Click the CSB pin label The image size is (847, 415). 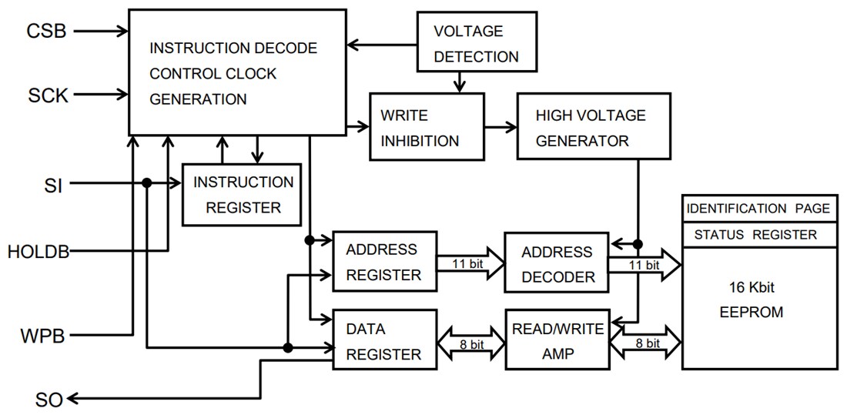[x=46, y=32]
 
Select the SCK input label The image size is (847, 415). [x=48, y=95]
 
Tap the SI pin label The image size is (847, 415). [x=53, y=185]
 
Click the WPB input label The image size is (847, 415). [x=42, y=336]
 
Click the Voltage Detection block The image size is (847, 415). [x=475, y=44]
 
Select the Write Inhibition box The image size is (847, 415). [x=427, y=127]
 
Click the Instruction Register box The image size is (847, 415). [x=242, y=194]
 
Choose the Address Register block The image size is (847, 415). [x=383, y=262]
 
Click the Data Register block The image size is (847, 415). [x=383, y=341]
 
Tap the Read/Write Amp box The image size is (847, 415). [x=556, y=341]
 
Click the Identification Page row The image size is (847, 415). [x=758, y=209]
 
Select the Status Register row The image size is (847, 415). [x=758, y=235]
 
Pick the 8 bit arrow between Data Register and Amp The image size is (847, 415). [x=470, y=344]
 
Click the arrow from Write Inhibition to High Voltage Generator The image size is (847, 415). [x=500, y=127]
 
